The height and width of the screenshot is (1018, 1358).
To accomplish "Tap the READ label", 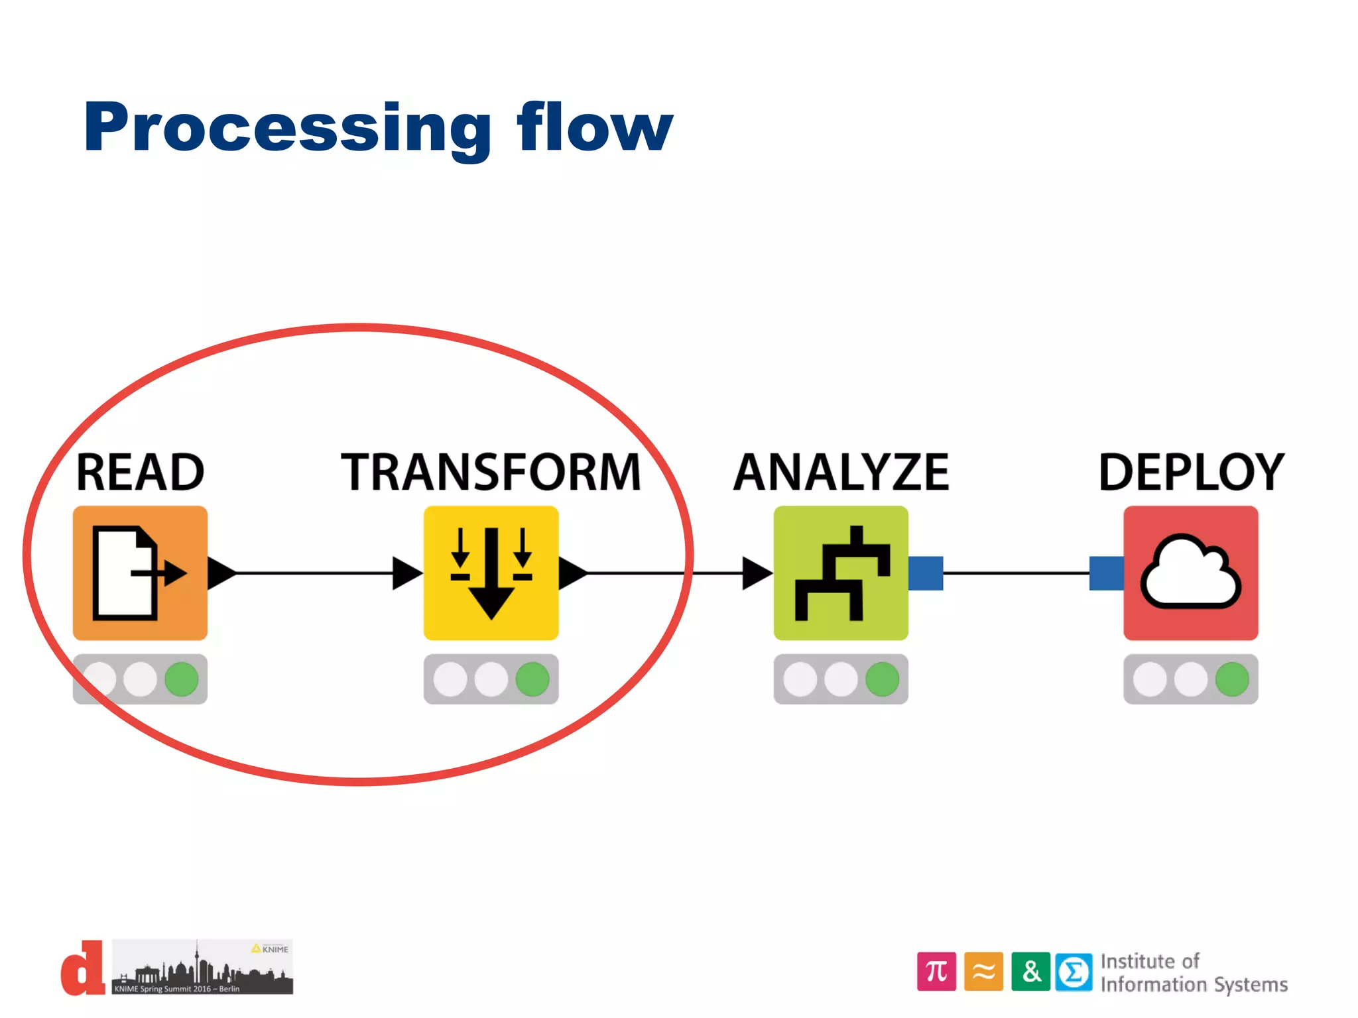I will click(140, 473).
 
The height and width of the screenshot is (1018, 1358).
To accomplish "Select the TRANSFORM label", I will click(491, 473).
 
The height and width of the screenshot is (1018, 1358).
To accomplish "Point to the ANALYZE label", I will click(841, 473).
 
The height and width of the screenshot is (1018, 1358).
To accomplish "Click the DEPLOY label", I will click(1191, 473).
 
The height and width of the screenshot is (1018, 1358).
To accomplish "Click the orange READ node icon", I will click(140, 573).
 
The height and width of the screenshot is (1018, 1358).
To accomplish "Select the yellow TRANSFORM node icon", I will click(491, 573).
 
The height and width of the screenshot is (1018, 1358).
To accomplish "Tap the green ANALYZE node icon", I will click(841, 573).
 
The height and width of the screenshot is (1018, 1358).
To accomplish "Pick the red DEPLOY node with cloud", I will click(1191, 573).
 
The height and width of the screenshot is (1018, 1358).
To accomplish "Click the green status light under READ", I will click(182, 679).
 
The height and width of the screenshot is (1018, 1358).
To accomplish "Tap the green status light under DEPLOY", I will click(1232, 679).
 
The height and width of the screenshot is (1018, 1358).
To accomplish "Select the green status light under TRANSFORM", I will click(532, 679).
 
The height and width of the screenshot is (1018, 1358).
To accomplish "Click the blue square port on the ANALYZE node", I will click(926, 573).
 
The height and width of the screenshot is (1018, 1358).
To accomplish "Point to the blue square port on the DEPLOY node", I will click(1106, 573).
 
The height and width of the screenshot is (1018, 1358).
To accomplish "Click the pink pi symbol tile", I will click(936, 972).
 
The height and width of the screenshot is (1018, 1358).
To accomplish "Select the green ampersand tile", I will click(1030, 972).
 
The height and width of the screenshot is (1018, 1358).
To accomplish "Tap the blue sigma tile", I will click(1074, 972).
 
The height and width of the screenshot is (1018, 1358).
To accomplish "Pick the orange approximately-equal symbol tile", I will click(983, 972).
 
